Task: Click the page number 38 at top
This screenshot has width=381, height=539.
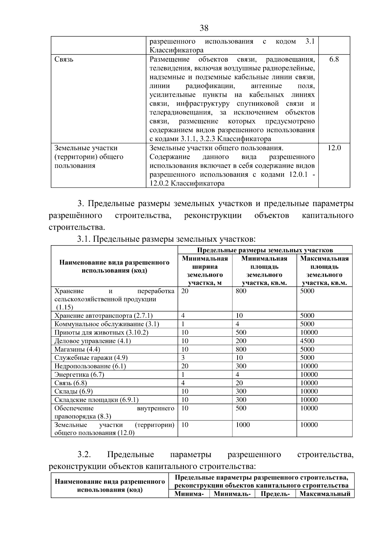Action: click(x=204, y=28)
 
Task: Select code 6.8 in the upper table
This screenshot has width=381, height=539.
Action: click(x=334, y=59)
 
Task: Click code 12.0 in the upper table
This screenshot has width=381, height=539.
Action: click(x=334, y=148)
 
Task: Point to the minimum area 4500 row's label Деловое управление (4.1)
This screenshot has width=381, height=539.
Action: click(x=92, y=341)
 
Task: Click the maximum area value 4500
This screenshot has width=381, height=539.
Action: click(x=307, y=341)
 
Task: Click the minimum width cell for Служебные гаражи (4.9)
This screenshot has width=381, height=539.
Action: click(x=183, y=358)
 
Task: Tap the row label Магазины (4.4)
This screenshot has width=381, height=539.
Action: click(x=77, y=349)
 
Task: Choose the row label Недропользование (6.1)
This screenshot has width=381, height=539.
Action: click(x=90, y=366)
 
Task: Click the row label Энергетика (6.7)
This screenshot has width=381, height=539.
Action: click(x=79, y=374)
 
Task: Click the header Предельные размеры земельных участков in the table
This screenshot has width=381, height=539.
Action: click(x=265, y=250)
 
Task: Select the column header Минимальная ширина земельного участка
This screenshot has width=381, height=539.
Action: click(x=205, y=271)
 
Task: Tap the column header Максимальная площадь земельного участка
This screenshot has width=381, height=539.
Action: click(x=324, y=271)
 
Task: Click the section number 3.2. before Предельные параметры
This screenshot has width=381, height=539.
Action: click(x=84, y=455)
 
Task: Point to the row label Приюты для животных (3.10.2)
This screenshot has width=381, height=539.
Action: click(x=101, y=333)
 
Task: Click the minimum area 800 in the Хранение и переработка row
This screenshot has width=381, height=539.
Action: click(x=241, y=291)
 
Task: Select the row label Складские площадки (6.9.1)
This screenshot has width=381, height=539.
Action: click(x=96, y=400)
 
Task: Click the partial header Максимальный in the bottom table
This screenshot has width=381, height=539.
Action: click(x=325, y=494)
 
